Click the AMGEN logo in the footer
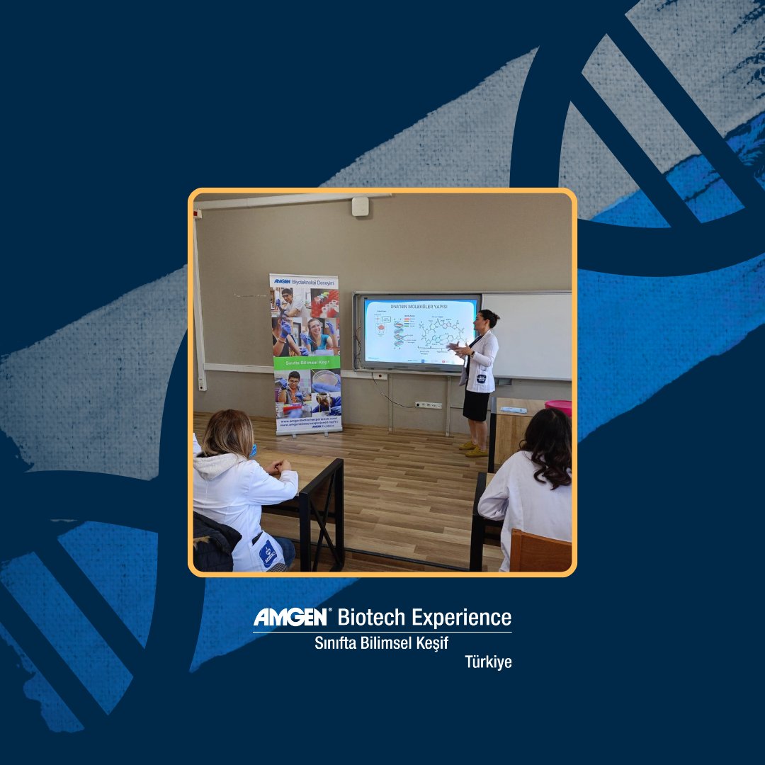click(x=290, y=617)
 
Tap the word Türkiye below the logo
click(x=488, y=662)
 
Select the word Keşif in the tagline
click(x=429, y=642)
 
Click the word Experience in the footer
click(x=462, y=617)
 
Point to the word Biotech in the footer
click(x=372, y=617)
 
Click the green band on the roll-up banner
click(x=307, y=362)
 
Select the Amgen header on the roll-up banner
click(x=305, y=281)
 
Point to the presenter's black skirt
click(x=476, y=405)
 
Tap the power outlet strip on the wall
click(x=428, y=405)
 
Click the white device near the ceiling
click(x=360, y=206)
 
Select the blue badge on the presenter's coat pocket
click(x=481, y=379)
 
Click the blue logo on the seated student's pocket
click(x=269, y=551)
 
